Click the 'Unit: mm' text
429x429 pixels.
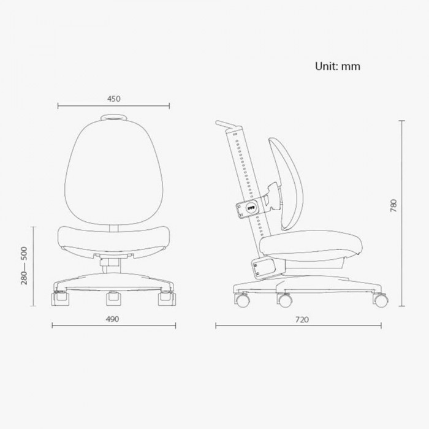pos(337,66)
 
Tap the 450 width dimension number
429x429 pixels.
pos(114,99)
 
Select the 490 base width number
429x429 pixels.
pos(112,319)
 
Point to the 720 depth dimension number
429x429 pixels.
pos(302,319)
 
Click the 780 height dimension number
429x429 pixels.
pos(393,205)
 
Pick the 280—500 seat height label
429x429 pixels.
pos(24,265)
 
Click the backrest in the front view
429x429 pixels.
pos(114,172)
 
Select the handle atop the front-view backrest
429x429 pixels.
pos(114,118)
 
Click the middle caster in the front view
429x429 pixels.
pos(113,298)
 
